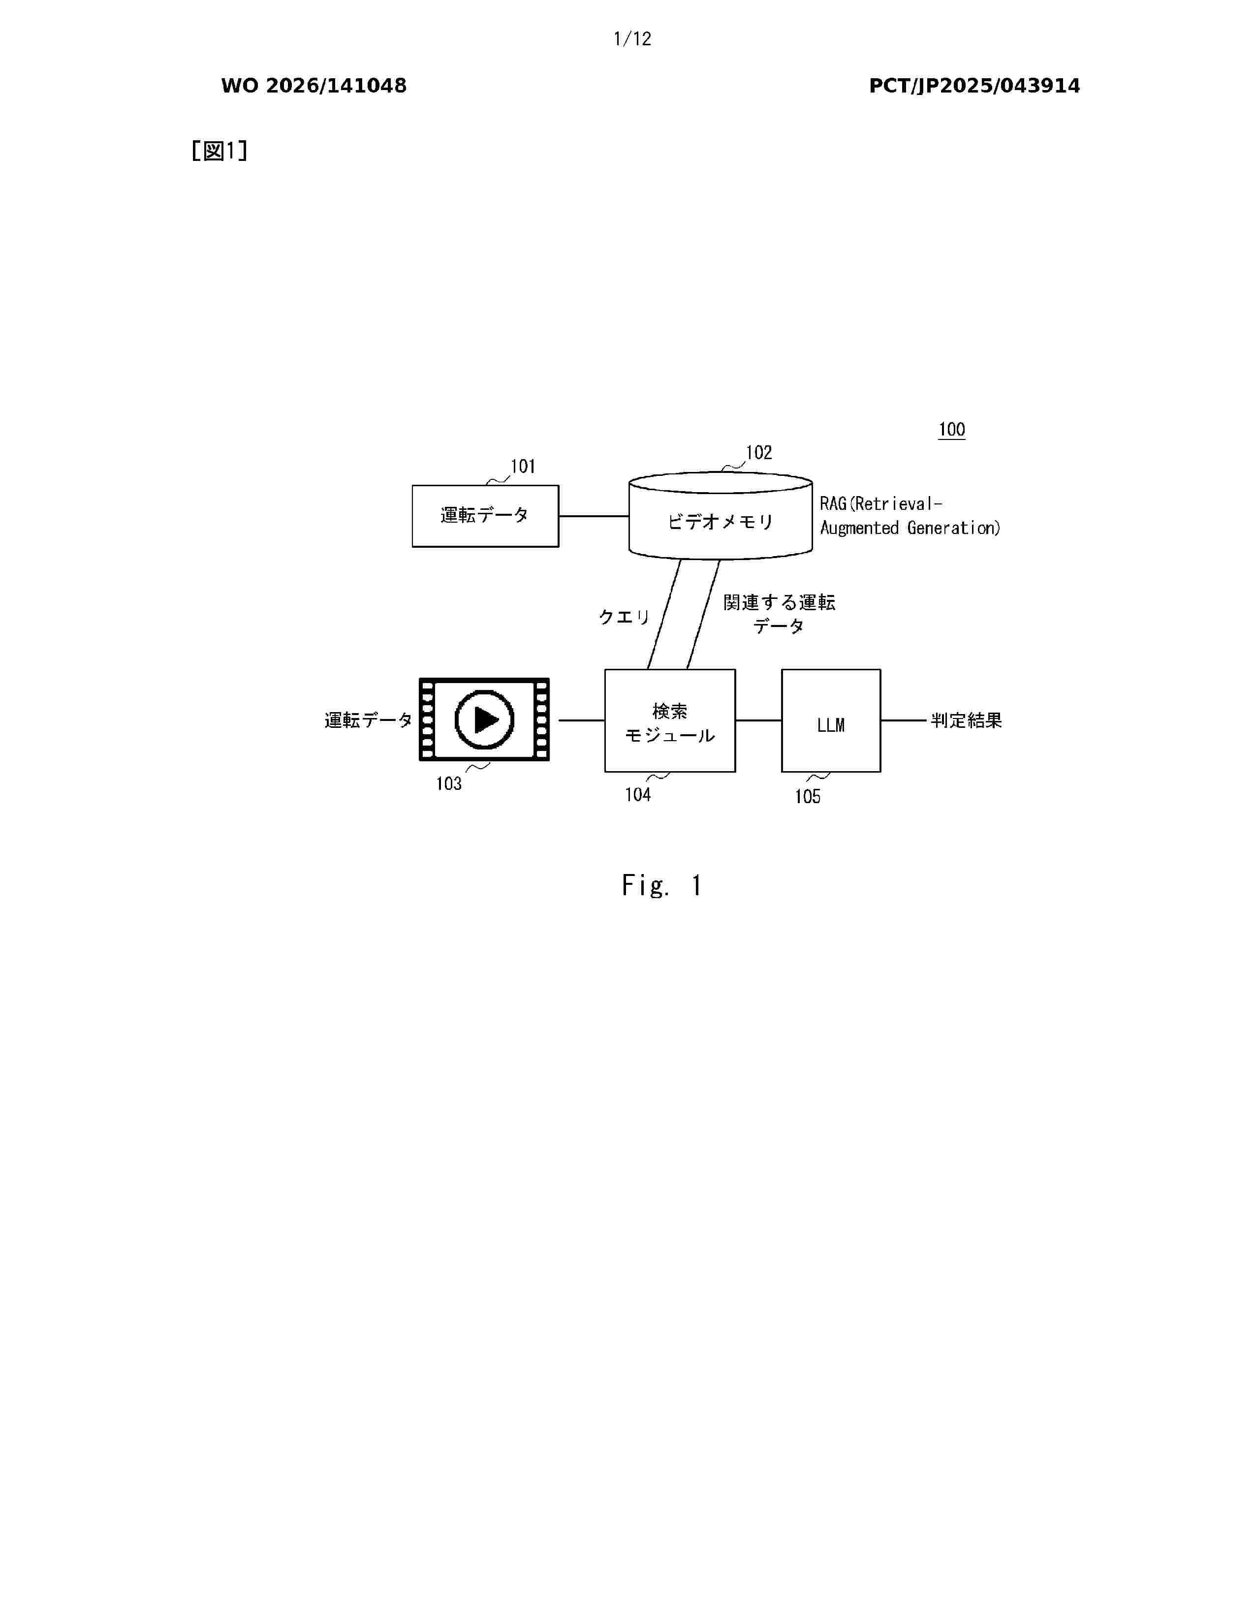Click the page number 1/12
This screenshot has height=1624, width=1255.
[632, 39]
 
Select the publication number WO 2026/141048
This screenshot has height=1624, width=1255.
[314, 86]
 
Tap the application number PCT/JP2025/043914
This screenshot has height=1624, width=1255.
[974, 86]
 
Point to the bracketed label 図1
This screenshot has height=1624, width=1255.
[220, 151]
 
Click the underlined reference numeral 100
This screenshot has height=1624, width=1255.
[952, 429]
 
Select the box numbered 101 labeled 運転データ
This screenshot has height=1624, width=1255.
[485, 516]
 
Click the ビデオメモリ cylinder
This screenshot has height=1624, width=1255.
[721, 515]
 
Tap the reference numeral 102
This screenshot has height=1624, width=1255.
[759, 453]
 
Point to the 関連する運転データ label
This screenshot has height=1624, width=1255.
[779, 614]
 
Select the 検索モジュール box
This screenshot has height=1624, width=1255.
[670, 720]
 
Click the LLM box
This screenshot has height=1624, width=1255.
[831, 720]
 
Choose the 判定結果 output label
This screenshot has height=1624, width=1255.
[967, 720]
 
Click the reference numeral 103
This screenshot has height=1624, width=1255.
[449, 784]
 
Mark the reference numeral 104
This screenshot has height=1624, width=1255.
[638, 795]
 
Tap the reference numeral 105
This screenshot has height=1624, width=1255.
[808, 797]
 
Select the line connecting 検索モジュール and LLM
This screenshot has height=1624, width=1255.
[758, 720]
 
